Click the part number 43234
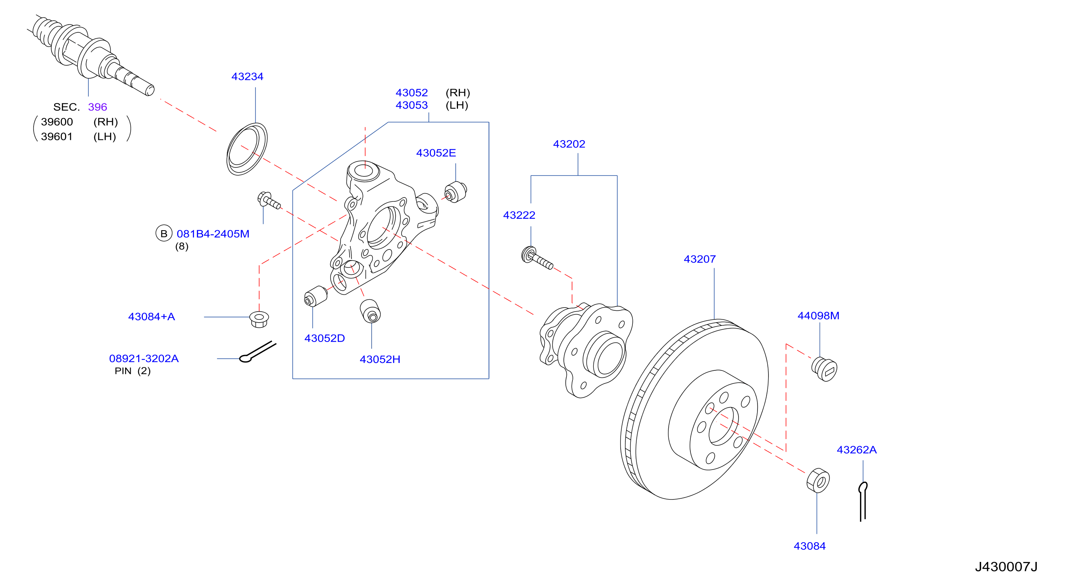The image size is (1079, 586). pyautogui.click(x=247, y=77)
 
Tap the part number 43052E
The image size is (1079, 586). pyautogui.click(x=436, y=153)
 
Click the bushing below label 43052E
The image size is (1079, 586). pyautogui.click(x=456, y=192)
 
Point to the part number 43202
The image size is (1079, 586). pyautogui.click(x=569, y=144)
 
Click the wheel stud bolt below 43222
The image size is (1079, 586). pyautogui.click(x=537, y=258)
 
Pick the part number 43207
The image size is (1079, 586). pyautogui.click(x=699, y=259)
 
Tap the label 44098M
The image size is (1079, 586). pyautogui.click(x=818, y=316)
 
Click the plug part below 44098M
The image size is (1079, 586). pyautogui.click(x=824, y=369)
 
